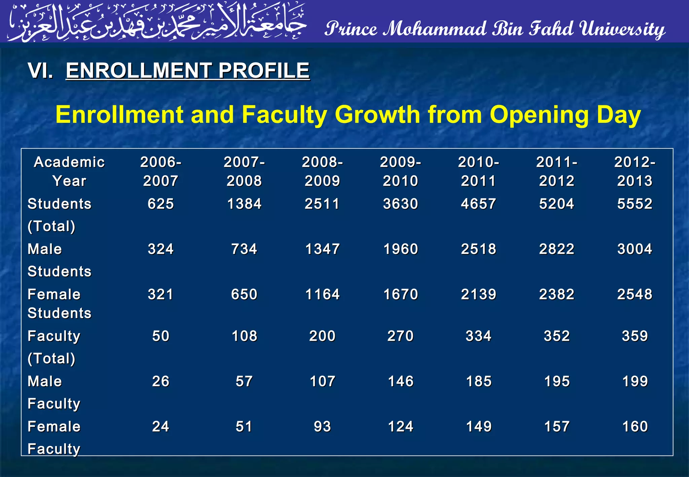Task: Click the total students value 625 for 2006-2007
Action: (x=160, y=204)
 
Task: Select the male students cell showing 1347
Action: (x=322, y=249)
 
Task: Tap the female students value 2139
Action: (x=478, y=294)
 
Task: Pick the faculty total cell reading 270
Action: (x=400, y=336)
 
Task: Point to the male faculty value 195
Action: (x=557, y=381)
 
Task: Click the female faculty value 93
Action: (x=322, y=427)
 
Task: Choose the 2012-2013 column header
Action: (x=634, y=172)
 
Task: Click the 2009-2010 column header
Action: (x=400, y=172)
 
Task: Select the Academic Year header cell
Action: (x=69, y=172)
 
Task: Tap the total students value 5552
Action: (x=634, y=204)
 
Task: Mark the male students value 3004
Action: (x=634, y=249)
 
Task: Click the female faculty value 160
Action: (x=634, y=427)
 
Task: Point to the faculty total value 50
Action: (x=160, y=336)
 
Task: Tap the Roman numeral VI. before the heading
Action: (x=40, y=71)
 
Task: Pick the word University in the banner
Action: (x=622, y=29)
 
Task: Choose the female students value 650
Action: (x=244, y=294)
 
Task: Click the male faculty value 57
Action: (x=244, y=381)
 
